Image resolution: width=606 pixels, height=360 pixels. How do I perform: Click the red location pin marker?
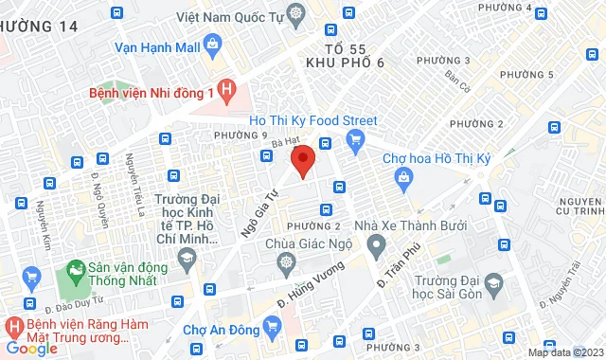(302, 159)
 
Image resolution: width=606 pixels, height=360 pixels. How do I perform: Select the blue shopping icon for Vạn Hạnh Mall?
(210, 44)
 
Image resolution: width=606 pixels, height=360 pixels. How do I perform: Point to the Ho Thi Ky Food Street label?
(312, 120)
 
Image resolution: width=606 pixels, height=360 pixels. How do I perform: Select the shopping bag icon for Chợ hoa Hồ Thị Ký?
(403, 176)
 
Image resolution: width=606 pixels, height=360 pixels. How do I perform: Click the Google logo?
(32, 348)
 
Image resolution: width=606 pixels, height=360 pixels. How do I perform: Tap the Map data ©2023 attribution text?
(563, 352)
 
